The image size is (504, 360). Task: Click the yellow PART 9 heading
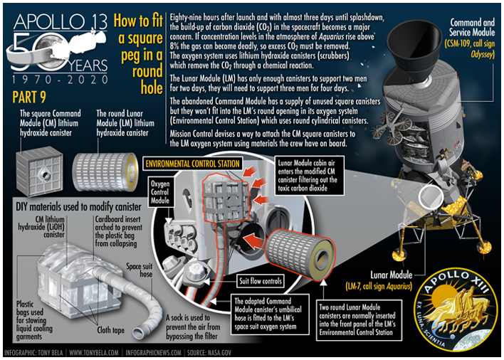point(29,97)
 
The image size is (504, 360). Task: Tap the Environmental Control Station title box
point(192,164)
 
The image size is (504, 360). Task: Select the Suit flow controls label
point(261,281)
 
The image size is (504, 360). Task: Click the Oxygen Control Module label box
point(160,192)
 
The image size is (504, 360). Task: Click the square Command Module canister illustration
point(40,171)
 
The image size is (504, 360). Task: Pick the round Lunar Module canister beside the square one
point(105,172)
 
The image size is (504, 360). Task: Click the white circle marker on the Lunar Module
point(431,196)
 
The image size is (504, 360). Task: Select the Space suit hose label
point(140,270)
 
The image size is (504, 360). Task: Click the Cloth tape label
point(110,330)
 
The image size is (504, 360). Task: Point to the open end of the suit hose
point(140,332)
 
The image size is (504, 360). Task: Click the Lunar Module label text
point(391,275)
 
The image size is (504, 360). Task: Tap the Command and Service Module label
point(472,27)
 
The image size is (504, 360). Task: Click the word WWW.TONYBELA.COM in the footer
point(94,353)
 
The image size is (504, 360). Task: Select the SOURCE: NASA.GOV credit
point(209,353)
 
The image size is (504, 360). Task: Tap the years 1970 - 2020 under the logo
point(60,79)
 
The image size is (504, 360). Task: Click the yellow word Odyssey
point(483,54)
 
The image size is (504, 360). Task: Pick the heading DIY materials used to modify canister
point(78,207)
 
